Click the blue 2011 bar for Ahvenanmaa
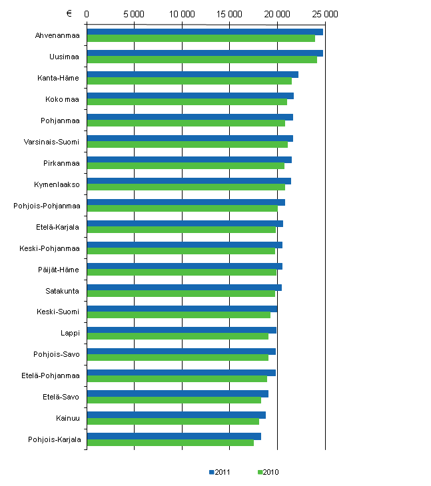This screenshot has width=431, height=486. point(205,31)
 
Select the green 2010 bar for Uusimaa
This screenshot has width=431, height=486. point(202,60)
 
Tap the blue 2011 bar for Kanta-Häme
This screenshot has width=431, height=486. point(193,74)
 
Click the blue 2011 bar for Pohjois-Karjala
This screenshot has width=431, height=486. point(174,436)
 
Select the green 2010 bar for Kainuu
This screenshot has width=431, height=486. point(173,421)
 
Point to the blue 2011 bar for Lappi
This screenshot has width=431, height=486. point(181,330)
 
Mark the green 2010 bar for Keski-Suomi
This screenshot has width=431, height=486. point(179,315)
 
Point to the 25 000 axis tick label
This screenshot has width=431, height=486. point(325,13)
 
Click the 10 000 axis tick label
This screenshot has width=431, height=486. point(182,13)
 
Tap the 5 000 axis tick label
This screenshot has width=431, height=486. point(134,13)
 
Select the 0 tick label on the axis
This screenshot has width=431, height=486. point(87,13)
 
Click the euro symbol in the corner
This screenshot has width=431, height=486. point(69,13)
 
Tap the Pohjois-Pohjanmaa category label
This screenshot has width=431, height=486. point(47,206)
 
